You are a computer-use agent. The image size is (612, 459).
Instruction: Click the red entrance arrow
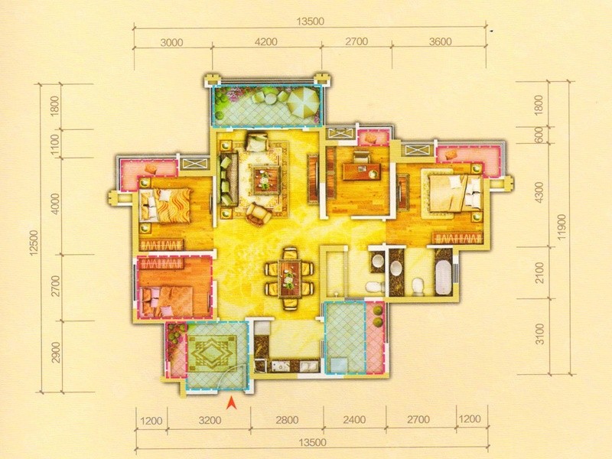tap(232, 403)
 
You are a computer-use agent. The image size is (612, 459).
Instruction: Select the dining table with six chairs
tap(289, 279)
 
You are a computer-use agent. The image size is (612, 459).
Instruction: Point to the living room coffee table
tap(265, 181)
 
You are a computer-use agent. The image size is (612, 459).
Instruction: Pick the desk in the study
tap(361, 171)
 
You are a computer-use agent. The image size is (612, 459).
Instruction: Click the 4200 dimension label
tap(265, 41)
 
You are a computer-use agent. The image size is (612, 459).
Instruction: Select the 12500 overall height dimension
tap(34, 243)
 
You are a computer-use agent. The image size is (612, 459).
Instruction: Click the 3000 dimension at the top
tap(171, 42)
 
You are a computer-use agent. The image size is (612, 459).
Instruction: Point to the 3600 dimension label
tap(440, 41)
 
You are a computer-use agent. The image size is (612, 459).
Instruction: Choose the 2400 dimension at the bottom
tap(354, 419)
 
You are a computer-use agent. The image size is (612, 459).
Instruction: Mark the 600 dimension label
tap(539, 135)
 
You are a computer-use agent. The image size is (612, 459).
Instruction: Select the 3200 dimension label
tap(210, 420)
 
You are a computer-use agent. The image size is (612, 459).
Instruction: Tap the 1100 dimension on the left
tap(55, 144)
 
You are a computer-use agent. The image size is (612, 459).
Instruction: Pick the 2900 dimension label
tap(56, 352)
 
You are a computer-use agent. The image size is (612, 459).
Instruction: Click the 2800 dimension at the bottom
tap(287, 420)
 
